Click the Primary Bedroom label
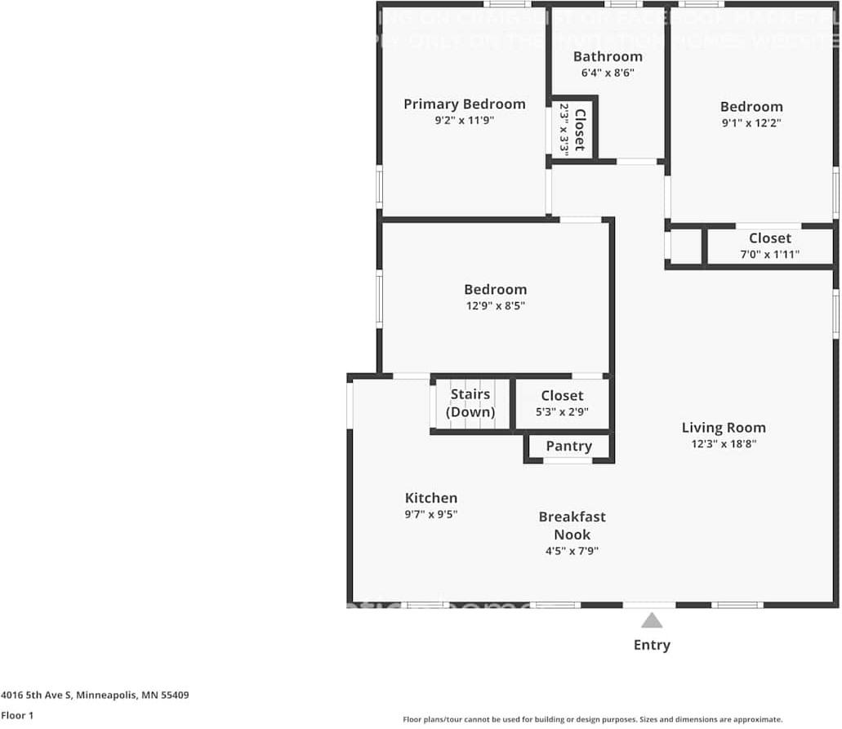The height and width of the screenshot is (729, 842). pos(464,104)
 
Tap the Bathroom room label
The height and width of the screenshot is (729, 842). pos(608,56)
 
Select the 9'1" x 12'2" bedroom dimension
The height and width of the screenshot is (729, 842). pos(751,123)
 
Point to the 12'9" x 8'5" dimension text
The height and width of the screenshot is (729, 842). pos(496,306)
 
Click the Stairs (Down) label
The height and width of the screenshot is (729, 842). pos(470,403)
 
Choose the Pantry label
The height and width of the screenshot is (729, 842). pos(568,446)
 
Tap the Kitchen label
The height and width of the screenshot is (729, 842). pos(431,498)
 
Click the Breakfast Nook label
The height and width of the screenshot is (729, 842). pos(572,526)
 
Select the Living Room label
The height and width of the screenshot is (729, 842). pos(724,427)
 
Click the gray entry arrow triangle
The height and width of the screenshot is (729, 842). pos(652,621)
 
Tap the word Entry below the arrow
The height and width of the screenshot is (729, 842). pos(652,645)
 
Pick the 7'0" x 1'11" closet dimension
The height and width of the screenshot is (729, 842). pos(769,255)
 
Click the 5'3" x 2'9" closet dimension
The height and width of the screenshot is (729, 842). pos(562,412)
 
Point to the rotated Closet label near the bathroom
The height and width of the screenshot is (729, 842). pos(579,130)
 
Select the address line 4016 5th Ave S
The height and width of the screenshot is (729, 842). pos(96,696)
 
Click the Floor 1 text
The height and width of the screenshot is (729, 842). pos(17,715)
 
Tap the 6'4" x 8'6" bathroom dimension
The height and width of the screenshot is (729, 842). pos(608,73)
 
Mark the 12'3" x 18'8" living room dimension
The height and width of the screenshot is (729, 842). pos(724,445)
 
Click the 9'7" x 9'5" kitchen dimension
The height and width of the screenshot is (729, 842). pos(431,515)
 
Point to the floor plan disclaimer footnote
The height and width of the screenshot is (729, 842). pos(592,719)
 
